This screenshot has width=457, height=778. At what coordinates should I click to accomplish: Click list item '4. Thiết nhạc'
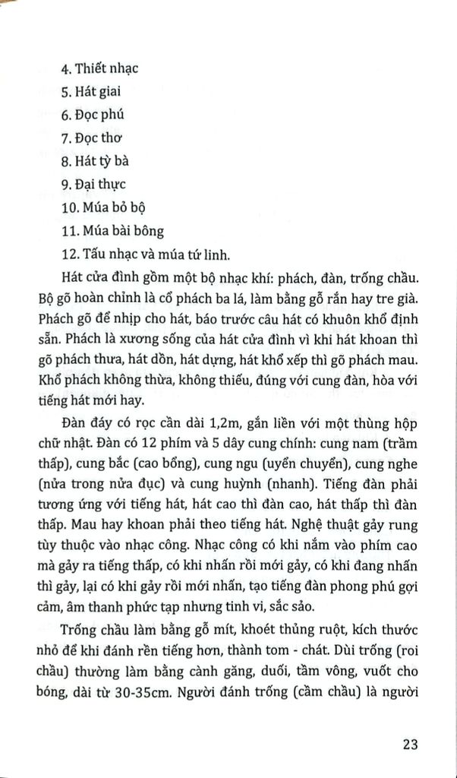click(x=99, y=69)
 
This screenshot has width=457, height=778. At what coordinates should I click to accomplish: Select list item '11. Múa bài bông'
click(x=112, y=230)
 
